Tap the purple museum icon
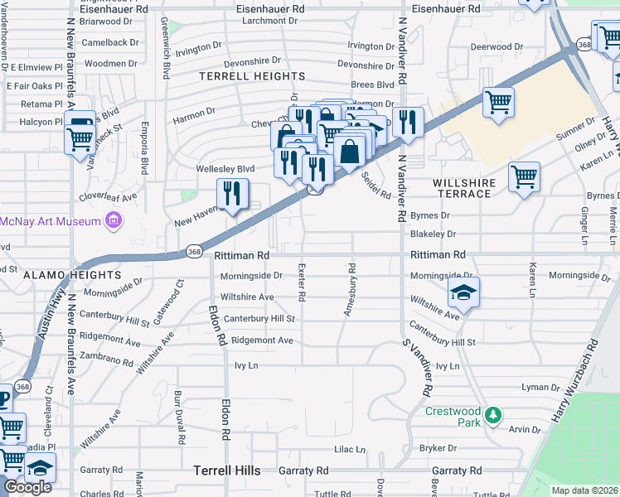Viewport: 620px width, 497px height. point(113,220)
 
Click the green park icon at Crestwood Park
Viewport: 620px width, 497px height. point(493,413)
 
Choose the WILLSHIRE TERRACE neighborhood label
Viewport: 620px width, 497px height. point(464,188)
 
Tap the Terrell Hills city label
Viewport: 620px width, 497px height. point(226,470)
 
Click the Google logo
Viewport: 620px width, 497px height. point(27,487)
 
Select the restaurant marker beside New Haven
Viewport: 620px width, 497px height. point(233,194)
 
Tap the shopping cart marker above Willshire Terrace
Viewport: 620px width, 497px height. point(498,104)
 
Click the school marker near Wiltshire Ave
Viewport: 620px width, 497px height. point(463,292)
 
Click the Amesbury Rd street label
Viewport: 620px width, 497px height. point(351,290)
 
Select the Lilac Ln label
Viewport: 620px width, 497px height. point(349,450)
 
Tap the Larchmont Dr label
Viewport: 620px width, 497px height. point(269,21)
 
